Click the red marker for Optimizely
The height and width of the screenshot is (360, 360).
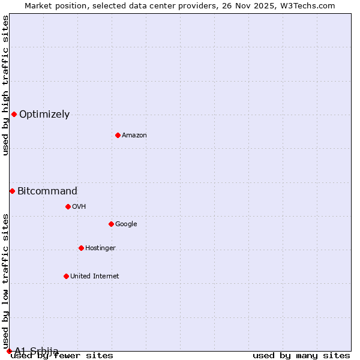click(14, 114)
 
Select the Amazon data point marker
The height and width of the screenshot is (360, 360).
click(118, 135)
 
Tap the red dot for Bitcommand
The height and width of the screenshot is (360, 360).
click(12, 191)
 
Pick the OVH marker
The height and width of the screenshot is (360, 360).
click(68, 206)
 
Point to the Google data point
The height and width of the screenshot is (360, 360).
click(111, 224)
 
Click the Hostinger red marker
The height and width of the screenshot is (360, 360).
click(81, 248)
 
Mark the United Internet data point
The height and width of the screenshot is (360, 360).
click(66, 276)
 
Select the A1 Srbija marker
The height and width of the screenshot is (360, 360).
click(9, 351)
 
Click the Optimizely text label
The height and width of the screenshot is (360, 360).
click(44, 115)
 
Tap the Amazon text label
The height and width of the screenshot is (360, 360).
click(134, 136)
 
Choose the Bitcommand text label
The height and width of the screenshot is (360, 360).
click(47, 191)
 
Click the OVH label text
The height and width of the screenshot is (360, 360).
click(79, 207)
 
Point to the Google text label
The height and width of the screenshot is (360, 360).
click(126, 224)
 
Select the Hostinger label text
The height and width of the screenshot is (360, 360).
click(100, 248)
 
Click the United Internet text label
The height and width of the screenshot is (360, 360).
click(95, 277)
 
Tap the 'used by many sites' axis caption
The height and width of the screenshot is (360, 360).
click(301, 356)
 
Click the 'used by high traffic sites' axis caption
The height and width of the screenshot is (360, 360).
click(5, 85)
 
